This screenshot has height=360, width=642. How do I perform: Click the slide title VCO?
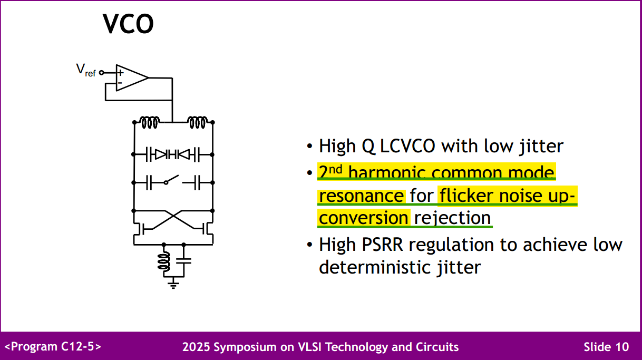128,24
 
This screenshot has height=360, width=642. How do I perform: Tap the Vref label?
86,70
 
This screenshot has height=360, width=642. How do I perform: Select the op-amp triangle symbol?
132,77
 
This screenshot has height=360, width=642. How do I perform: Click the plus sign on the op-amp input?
121,73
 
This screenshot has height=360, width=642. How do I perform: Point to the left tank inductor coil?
150,122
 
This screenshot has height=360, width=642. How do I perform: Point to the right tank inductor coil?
198,122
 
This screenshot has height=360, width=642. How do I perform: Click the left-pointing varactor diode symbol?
184,154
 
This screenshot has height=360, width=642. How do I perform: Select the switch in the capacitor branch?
172,180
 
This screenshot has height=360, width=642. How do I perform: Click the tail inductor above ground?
163,261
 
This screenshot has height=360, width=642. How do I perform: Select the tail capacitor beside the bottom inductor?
184,261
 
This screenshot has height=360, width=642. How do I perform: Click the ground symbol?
173,285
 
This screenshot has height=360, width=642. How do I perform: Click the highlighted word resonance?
362,196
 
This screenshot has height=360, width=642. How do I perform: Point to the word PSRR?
382,245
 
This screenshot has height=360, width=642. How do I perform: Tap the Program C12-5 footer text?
53,346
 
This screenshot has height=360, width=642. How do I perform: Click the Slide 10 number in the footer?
606,347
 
